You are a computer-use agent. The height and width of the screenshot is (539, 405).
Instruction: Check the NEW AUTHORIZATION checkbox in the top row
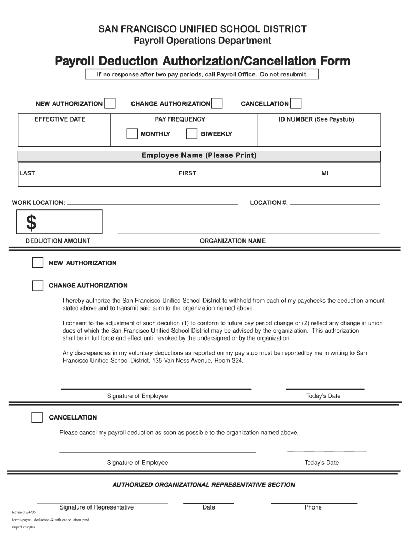[110, 104]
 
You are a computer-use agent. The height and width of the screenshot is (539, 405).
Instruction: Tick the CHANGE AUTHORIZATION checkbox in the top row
[217, 104]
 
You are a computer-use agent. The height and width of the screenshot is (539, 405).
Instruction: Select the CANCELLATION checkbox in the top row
[296, 104]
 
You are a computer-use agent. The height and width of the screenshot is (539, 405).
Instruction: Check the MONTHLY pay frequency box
[132, 134]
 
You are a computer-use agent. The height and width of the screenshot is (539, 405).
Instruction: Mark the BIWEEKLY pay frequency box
[192, 134]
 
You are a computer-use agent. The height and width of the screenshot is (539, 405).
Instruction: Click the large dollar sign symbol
[32, 223]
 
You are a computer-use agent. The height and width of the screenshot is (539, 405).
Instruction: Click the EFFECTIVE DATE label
[59, 119]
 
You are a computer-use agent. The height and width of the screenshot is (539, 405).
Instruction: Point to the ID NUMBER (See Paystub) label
[316, 119]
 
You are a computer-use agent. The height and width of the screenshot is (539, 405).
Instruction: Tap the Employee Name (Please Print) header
[199, 156]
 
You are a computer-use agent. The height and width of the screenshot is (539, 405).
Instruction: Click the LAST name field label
[27, 173]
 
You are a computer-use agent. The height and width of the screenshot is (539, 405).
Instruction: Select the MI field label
[325, 173]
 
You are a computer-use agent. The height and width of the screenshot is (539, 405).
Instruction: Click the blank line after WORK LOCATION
[153, 203]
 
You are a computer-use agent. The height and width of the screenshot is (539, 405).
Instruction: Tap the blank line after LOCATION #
[335, 203]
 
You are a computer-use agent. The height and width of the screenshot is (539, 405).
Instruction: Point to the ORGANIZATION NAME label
[232, 241]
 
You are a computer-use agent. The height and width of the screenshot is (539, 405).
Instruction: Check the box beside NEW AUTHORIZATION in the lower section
[37, 263]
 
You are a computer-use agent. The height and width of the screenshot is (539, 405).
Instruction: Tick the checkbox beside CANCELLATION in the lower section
[37, 417]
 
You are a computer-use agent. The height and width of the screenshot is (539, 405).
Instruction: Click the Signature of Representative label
[96, 507]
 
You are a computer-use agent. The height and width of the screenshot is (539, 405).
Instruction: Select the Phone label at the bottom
[313, 507]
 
